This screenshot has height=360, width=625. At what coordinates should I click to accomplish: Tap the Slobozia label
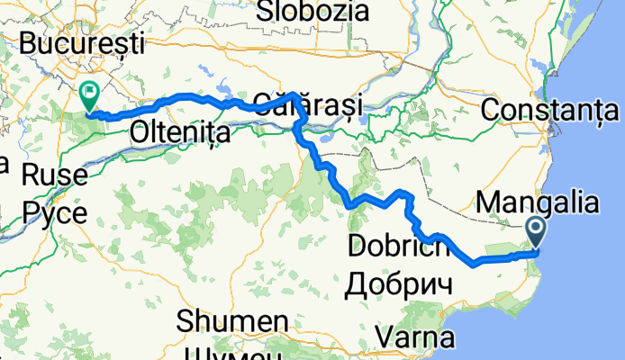click(x=313, y=11)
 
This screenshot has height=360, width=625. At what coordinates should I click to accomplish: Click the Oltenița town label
click(x=180, y=132)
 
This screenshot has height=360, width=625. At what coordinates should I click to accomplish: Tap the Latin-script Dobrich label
click(x=397, y=246)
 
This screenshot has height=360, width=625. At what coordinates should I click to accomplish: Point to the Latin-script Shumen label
click(x=232, y=321)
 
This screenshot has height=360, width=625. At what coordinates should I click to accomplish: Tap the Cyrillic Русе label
click(x=56, y=212)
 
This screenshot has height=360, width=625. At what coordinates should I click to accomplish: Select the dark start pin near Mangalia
click(x=536, y=233)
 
